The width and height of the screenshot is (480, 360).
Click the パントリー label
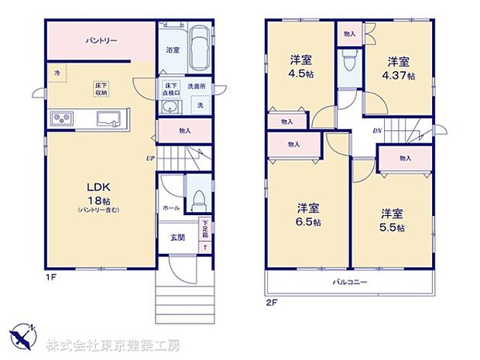(x=97, y=39)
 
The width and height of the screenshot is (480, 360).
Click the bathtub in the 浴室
(x=200, y=49)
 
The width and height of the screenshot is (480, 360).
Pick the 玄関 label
(x=177, y=236)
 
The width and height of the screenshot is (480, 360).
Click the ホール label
(x=170, y=207)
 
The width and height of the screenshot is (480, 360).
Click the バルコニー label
(x=350, y=282)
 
